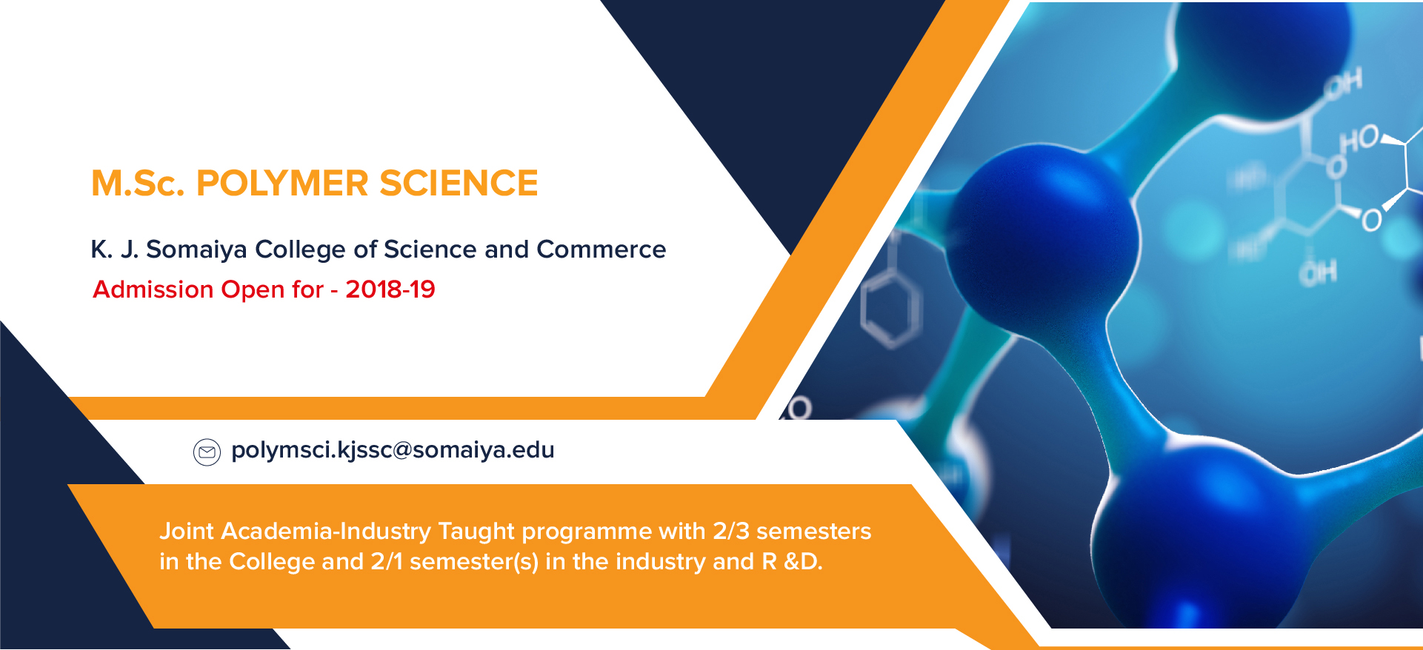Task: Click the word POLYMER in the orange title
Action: tap(281, 183)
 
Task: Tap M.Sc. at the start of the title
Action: tap(138, 183)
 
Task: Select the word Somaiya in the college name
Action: tap(196, 250)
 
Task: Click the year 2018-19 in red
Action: tap(390, 289)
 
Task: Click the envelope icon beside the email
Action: tap(207, 452)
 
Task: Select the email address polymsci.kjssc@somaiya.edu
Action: tap(393, 450)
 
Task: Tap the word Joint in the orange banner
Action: tap(187, 531)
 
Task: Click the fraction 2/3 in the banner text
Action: tap(731, 531)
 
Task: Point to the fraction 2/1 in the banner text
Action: tap(387, 561)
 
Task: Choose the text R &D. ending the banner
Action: tap(792, 561)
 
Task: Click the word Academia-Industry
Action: tap(326, 532)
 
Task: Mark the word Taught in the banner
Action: tap(476, 532)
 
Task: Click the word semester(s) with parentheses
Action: tap(474, 562)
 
